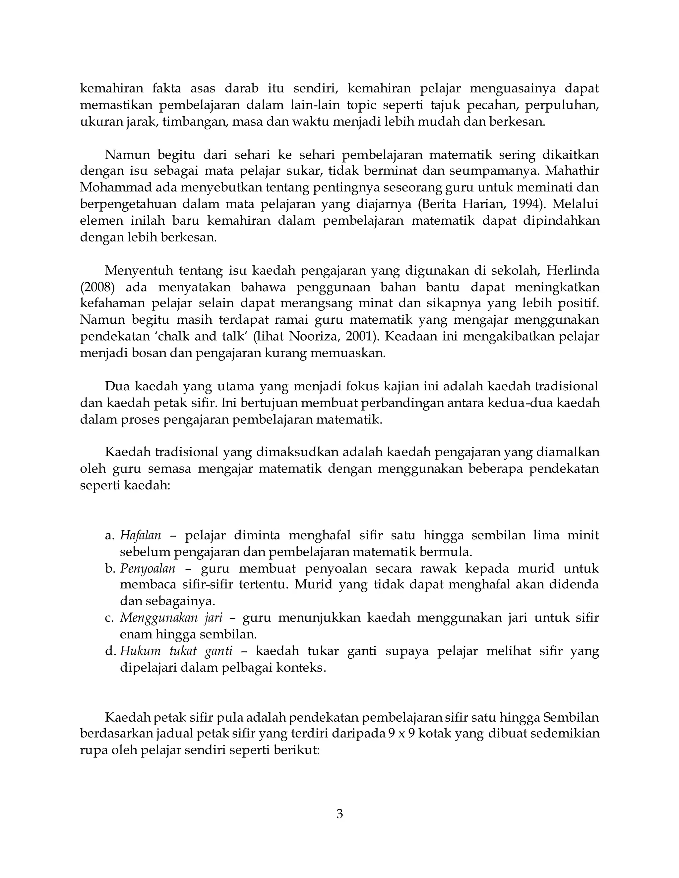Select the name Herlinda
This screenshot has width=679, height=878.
pyautogui.click(x=572, y=271)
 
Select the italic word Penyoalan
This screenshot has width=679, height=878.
pyautogui.click(x=148, y=569)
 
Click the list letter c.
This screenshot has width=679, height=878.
pyautogui.click(x=109, y=618)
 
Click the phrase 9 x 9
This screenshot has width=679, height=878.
pyautogui.click(x=401, y=734)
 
